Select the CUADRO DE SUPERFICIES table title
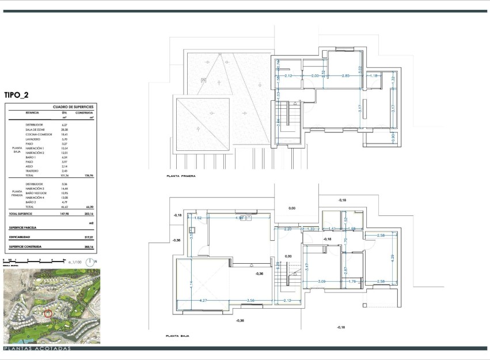pos(73,107)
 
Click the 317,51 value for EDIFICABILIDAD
pos(88,236)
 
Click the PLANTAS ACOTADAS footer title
pos(37,348)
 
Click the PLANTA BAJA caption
pos(177,335)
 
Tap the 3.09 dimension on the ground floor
pos(322,281)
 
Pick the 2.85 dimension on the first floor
pos(345,76)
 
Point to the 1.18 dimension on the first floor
pos(374,76)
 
